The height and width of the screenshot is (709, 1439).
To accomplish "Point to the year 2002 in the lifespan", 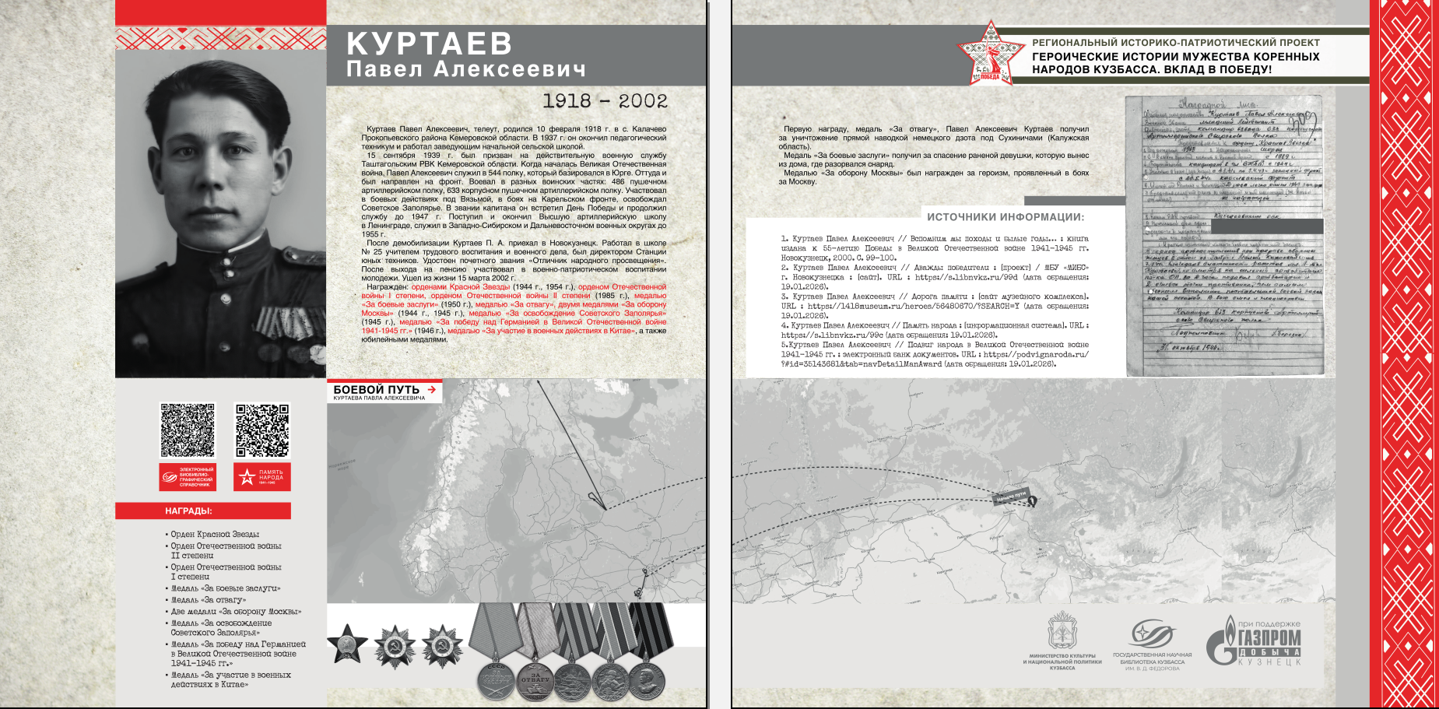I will coord(643,101).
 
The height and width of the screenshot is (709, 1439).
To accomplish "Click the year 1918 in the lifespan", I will coord(567,101).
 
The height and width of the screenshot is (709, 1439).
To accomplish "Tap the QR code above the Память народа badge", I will coord(262,430).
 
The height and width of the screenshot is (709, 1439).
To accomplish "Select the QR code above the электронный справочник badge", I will coord(188,430).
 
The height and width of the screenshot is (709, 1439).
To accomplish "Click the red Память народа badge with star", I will coord(262,477).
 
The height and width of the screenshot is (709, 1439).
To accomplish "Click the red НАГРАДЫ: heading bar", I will coord(203,511).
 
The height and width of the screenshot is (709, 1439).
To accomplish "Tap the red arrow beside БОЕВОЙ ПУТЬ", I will coord(432,389).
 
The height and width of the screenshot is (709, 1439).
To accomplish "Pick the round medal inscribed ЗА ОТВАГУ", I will coord(535,679).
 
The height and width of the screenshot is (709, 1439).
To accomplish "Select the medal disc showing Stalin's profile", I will coord(646,679).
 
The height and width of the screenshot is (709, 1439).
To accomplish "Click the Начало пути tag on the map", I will coord(1011,495).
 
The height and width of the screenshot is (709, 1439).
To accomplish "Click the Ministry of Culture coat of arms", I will coord(1062,631).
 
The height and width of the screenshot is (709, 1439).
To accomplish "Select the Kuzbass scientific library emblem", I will coord(1151,634).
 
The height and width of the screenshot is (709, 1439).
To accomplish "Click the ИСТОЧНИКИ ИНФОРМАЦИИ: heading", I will coord(1006,217).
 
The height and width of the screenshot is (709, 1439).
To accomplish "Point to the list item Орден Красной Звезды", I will coord(215,535).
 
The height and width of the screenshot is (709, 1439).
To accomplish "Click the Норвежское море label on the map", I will coord(342,465).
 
